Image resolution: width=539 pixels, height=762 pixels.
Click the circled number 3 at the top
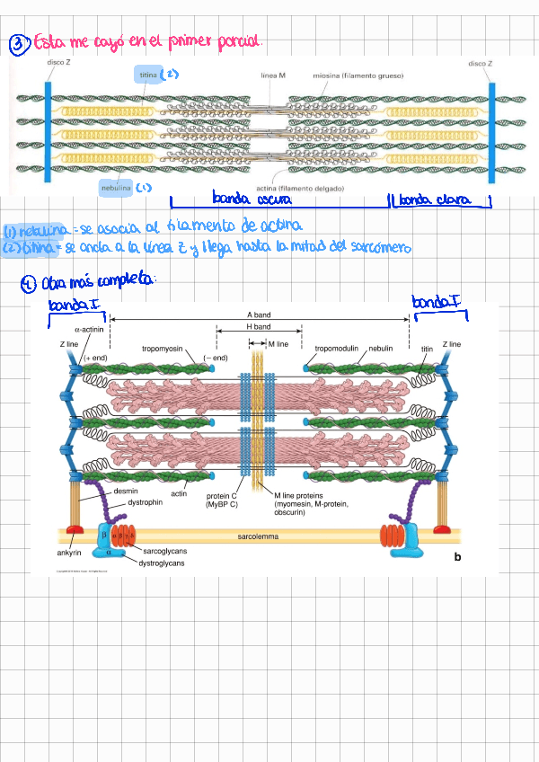pyautogui.click(x=18, y=42)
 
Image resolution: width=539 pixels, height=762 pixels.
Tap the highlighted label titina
pyautogui.click(x=148, y=75)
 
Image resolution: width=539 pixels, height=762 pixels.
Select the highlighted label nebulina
pyautogui.click(x=117, y=188)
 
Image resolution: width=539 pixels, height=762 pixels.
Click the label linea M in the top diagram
pyautogui.click(x=273, y=75)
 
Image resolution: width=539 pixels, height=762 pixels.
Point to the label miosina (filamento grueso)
pyautogui.click(x=358, y=75)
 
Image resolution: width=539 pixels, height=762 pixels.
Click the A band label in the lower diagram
pyautogui.click(x=259, y=315)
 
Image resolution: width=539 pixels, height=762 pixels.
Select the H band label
pyautogui.click(x=259, y=327)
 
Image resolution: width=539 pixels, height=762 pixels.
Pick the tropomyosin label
pyautogui.click(x=163, y=348)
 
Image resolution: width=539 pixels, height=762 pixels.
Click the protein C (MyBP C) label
pyautogui.click(x=222, y=500)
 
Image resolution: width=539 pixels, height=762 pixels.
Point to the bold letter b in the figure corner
pyautogui.click(x=457, y=557)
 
